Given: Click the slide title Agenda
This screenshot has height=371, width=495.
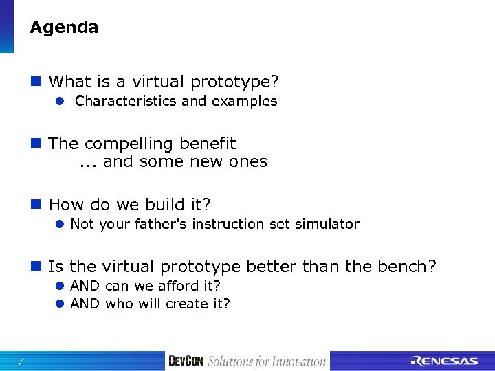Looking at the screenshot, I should click(x=64, y=28).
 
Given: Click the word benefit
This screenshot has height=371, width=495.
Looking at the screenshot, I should click(x=207, y=144).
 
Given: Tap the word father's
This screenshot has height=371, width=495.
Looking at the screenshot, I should click(x=163, y=224).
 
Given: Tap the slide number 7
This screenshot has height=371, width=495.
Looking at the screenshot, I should click(x=21, y=362).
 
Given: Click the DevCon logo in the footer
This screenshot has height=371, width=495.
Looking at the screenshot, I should click(x=186, y=361).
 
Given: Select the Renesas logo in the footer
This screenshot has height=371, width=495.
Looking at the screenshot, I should click(x=443, y=361).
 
